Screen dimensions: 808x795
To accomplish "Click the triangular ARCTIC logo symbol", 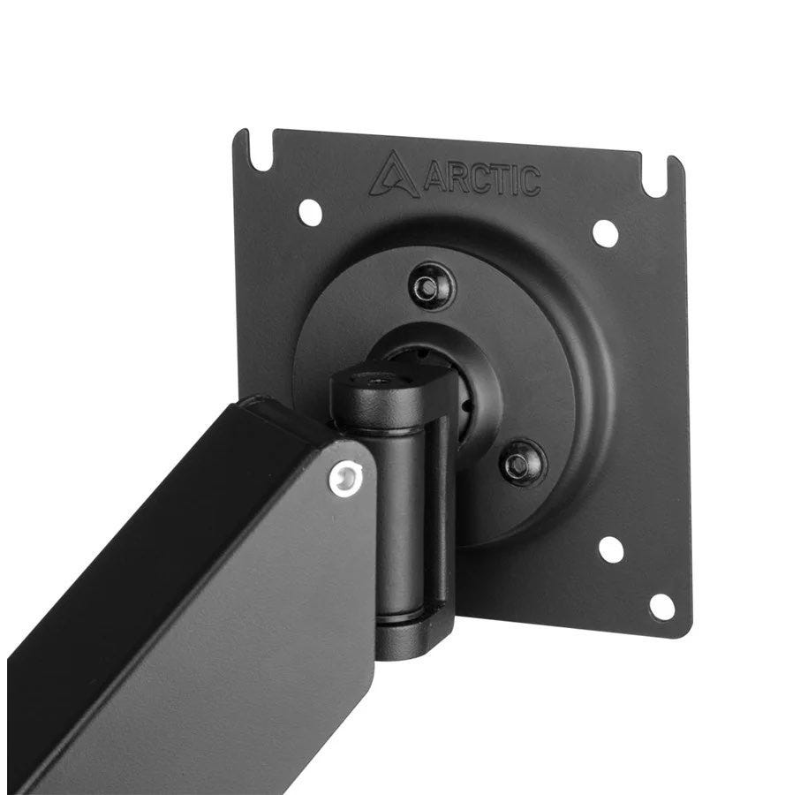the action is point(394,175).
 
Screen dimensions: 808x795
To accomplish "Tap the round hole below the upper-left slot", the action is point(311,213).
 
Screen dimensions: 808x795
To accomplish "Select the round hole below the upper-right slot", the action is point(606,232).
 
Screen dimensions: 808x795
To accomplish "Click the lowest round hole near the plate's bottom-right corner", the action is point(661,607).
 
